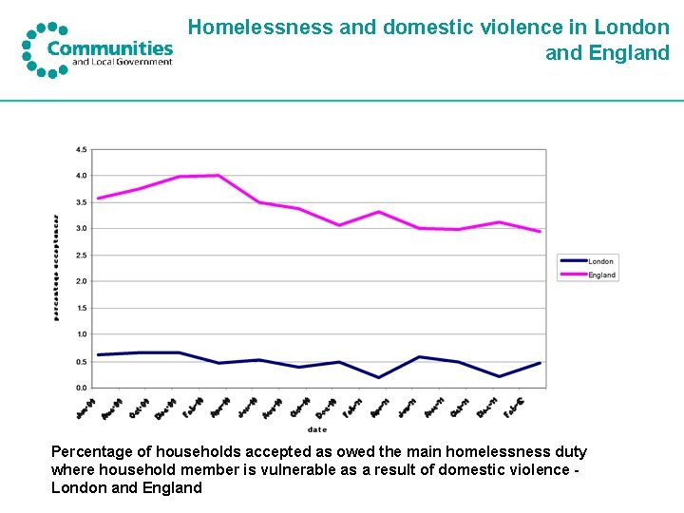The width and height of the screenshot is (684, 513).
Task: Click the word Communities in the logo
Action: (110, 48)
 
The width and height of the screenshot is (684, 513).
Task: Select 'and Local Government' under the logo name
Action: (123, 63)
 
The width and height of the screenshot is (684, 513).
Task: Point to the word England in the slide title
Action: (628, 53)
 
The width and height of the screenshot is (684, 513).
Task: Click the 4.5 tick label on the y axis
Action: (81, 149)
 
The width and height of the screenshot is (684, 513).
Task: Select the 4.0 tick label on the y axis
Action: (81, 176)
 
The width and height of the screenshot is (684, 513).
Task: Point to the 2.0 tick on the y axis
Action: (81, 281)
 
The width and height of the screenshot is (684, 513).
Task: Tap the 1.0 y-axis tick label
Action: (81, 334)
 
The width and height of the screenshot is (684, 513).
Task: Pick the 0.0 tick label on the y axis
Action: (81, 388)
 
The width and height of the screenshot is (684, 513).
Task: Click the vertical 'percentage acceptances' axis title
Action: (56, 267)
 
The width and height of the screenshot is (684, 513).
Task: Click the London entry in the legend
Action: (600, 261)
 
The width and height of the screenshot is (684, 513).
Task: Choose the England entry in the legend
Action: (601, 275)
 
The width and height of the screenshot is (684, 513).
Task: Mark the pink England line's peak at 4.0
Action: (218, 175)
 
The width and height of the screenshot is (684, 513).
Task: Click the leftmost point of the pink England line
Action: (98, 199)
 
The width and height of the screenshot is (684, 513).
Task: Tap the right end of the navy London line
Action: (540, 363)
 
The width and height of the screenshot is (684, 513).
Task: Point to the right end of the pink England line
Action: (540, 231)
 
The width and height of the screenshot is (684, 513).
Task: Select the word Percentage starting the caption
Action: (91, 452)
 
